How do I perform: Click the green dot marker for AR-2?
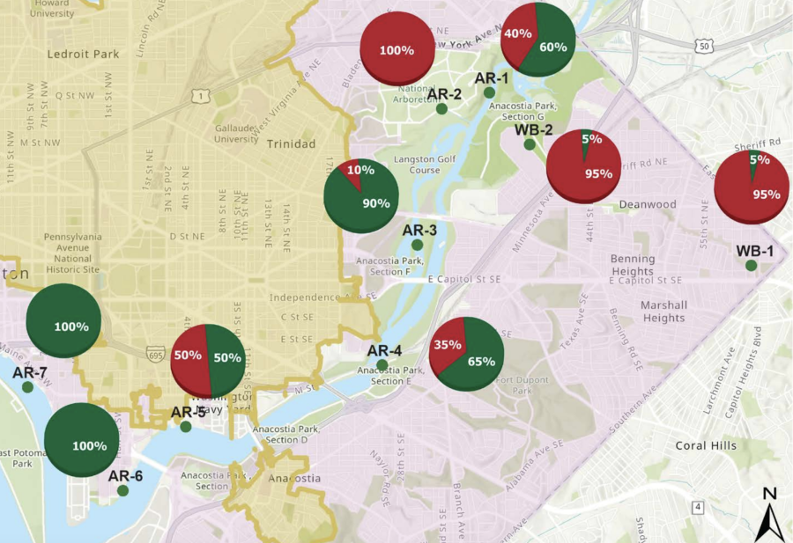click(x=441, y=108)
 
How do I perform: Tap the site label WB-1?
click(x=755, y=251)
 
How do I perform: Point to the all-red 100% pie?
click(x=396, y=50)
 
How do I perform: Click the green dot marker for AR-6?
click(x=122, y=490)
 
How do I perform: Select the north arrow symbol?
click(x=769, y=515)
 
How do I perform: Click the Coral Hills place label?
click(x=705, y=445)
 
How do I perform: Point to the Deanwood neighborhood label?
click(x=647, y=204)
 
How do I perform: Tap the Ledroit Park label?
click(x=83, y=54)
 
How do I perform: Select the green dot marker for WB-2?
click(x=530, y=144)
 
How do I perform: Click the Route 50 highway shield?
click(x=702, y=44)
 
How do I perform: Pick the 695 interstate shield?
click(x=157, y=356)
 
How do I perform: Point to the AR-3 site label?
click(x=419, y=231)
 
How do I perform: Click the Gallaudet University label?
click(x=237, y=133)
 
